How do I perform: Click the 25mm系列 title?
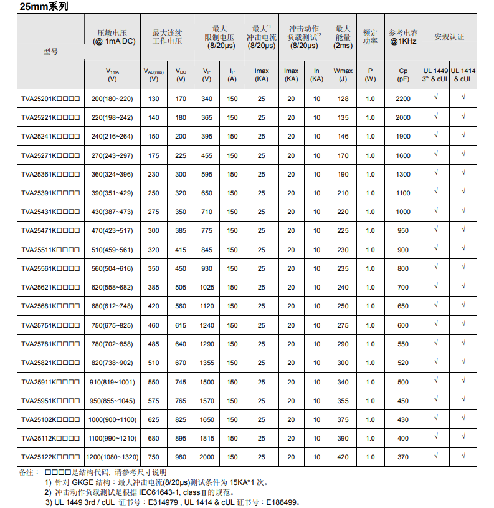(x=43, y=7)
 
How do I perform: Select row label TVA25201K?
(x=50, y=99)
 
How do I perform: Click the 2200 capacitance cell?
(x=403, y=99)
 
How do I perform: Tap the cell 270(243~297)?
(x=112, y=155)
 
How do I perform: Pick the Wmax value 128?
(x=343, y=99)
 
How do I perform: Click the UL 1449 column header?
(x=435, y=75)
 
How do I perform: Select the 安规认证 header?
(x=449, y=37)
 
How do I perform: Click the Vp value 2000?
(x=207, y=457)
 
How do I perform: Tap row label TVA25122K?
(x=50, y=457)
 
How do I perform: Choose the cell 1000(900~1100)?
(x=112, y=419)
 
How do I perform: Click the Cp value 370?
(x=403, y=457)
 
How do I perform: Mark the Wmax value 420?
(x=343, y=457)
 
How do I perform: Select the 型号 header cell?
(x=50, y=51)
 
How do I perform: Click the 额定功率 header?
(x=370, y=37)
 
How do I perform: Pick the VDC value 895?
(x=181, y=438)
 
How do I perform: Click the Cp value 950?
(x=403, y=231)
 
